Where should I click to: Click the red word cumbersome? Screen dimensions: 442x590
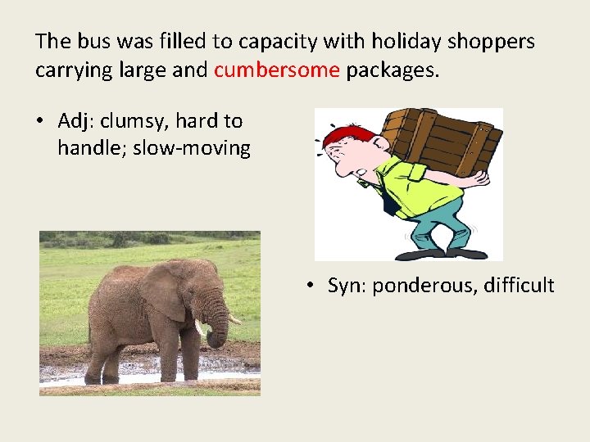pos(276,70)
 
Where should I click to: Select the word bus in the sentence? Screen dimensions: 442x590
pos(87,41)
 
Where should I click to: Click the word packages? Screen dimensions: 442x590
pos(393,70)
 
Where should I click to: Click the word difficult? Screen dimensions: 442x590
pos(519,286)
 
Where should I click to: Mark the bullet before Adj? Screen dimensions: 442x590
pos(39,122)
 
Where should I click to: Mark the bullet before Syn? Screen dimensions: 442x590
pos(310,286)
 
